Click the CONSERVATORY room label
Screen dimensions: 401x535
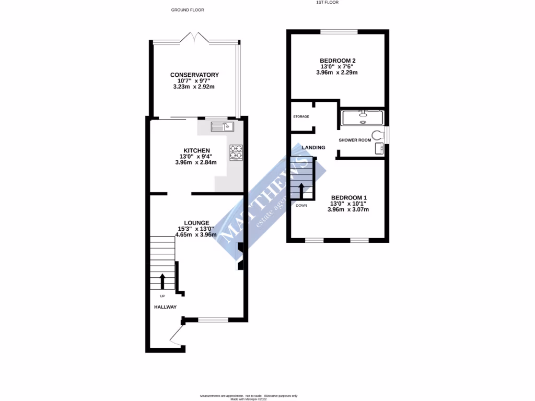[194, 75]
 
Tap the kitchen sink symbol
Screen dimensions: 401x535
[223, 126]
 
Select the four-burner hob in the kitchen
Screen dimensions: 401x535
[236, 152]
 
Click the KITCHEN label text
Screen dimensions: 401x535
[196, 151]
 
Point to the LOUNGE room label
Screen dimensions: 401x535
[196, 222]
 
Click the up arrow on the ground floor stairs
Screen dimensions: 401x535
[162, 281]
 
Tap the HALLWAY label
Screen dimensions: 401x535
[165, 308]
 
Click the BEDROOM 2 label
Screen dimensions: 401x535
[337, 61]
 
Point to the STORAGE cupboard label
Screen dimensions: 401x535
[301, 116]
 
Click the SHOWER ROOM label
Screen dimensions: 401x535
[355, 140]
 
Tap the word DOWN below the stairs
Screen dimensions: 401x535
[301, 206]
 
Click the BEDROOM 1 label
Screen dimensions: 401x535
[348, 197]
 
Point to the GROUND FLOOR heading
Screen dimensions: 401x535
[188, 10]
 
